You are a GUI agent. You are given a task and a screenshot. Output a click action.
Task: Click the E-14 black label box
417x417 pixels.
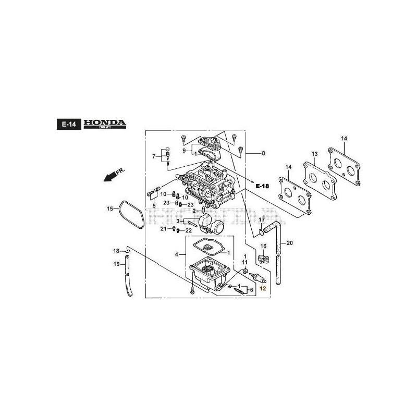69,124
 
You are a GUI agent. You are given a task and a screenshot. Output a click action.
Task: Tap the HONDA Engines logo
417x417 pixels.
105,124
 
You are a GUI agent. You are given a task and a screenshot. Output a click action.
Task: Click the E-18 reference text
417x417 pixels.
262,186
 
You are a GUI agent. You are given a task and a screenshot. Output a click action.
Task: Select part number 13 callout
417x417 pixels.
315,154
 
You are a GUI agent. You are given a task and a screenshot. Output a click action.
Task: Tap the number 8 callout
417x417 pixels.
263,153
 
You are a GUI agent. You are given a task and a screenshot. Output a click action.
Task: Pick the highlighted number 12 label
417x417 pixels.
263,289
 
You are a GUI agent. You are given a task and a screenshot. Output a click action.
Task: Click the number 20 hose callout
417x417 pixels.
290,243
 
